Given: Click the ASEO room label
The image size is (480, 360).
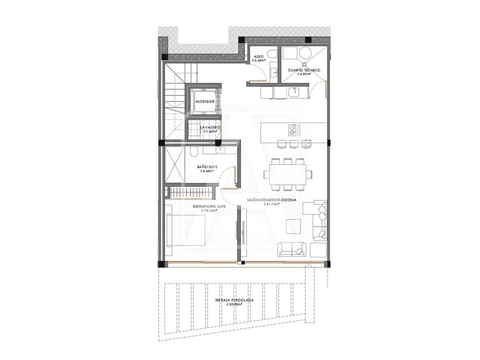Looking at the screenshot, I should pos(258,57).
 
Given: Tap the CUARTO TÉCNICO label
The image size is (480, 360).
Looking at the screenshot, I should pos(304,70).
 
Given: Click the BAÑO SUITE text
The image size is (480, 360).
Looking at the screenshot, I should pos(207,167).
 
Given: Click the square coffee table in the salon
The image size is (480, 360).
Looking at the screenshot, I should pos(292,226).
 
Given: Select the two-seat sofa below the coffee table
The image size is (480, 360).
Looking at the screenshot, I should pos(291,249).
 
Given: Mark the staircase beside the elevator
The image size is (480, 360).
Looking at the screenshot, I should pos(174,106).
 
